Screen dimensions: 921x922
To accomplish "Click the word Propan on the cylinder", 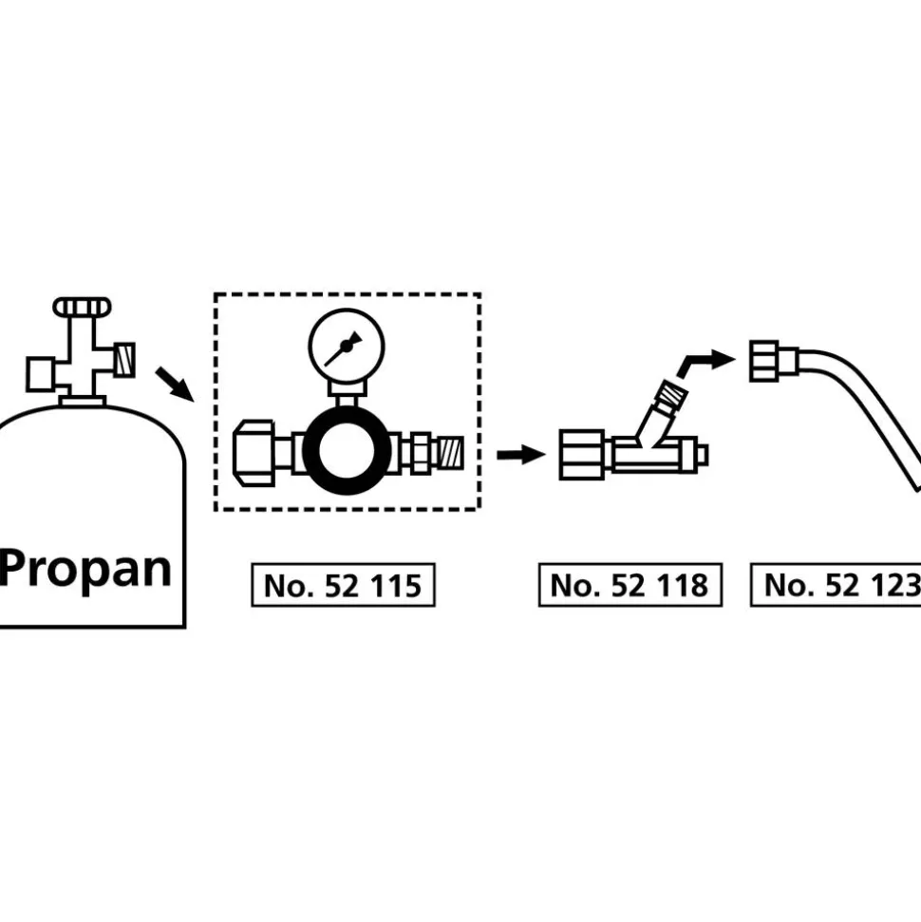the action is (85, 569).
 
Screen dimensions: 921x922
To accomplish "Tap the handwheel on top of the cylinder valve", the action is (83, 307).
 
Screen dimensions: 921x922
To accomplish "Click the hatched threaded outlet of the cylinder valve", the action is (124, 360).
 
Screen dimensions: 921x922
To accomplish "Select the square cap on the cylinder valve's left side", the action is (41, 374).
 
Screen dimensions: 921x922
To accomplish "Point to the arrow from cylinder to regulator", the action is (175, 384).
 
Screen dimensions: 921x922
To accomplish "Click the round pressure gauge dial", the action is (347, 347).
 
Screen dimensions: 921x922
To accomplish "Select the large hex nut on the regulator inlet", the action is (254, 453).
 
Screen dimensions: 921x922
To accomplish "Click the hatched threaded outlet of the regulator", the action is (451, 453).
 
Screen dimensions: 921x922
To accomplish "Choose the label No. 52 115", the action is (343, 585).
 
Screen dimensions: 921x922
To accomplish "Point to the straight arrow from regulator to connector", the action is (521, 455).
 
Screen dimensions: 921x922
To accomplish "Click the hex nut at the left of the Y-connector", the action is (582, 455).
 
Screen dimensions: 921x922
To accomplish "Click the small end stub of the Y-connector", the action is (703, 455).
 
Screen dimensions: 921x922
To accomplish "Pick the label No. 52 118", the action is (630, 585).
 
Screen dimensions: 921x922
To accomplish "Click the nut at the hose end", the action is (764, 361).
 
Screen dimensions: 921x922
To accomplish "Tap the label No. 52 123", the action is (836, 585).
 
